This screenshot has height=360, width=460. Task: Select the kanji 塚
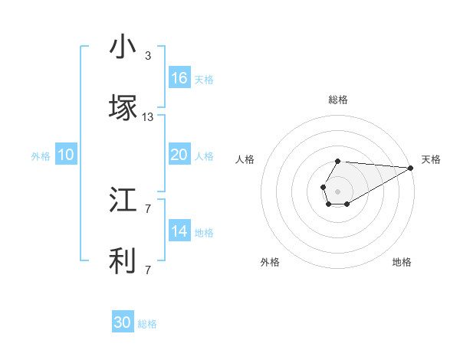click(x=123, y=108)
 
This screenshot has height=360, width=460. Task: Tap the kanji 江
click(x=123, y=200)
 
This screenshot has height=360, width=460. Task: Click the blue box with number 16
click(x=179, y=78)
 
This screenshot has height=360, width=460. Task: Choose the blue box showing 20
click(x=179, y=155)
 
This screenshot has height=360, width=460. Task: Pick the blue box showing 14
click(x=179, y=231)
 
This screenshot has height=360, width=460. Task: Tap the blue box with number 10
click(x=66, y=155)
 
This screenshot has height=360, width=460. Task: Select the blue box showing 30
click(x=123, y=323)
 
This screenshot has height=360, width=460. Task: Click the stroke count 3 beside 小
click(x=148, y=56)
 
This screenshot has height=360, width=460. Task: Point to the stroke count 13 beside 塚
click(x=148, y=117)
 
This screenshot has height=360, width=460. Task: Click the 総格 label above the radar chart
click(x=338, y=100)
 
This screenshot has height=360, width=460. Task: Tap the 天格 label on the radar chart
click(x=431, y=159)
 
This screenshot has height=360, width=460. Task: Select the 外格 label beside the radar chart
click(x=270, y=262)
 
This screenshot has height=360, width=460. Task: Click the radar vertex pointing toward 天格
click(x=411, y=168)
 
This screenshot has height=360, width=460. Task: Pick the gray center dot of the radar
click(x=337, y=190)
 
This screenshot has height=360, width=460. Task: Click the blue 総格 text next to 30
click(x=147, y=325)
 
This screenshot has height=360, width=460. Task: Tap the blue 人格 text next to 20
click(x=204, y=156)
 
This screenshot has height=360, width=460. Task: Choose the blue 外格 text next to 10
click(x=41, y=156)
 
